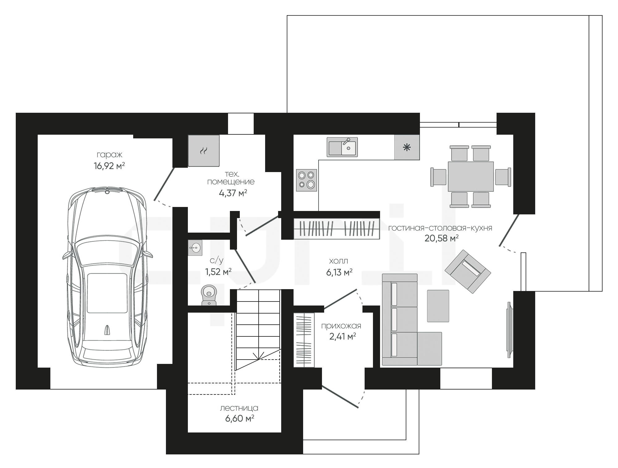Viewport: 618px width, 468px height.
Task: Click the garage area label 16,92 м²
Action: pyautogui.click(x=109, y=166)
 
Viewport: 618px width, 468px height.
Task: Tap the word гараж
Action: pyautogui.click(x=109, y=154)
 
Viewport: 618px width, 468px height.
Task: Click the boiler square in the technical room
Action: pyautogui.click(x=204, y=151)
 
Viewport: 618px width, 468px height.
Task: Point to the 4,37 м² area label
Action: pyautogui.click(x=233, y=193)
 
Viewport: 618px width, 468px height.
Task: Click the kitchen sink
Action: pyautogui.click(x=342, y=147)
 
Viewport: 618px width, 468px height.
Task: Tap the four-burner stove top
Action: pyautogui.click(x=307, y=180)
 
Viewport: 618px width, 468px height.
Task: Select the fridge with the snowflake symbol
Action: pyautogui.click(x=407, y=147)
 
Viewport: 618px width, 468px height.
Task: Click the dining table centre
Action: pyautogui.click(x=471, y=176)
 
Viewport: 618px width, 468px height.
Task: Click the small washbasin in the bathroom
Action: pyautogui.click(x=195, y=247)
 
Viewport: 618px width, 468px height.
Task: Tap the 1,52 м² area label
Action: pyautogui.click(x=218, y=272)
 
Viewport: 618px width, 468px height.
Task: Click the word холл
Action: pyautogui.click(x=339, y=261)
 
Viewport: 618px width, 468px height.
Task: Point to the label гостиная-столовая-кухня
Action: pyautogui.click(x=440, y=228)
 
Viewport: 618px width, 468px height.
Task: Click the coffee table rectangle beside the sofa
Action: pyautogui.click(x=438, y=306)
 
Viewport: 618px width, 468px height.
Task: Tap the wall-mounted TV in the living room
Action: pyautogui.click(x=509, y=330)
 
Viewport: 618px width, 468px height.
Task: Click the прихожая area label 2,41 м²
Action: pyautogui.click(x=343, y=336)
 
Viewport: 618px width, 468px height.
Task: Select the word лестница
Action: pyautogui.click(x=239, y=408)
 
